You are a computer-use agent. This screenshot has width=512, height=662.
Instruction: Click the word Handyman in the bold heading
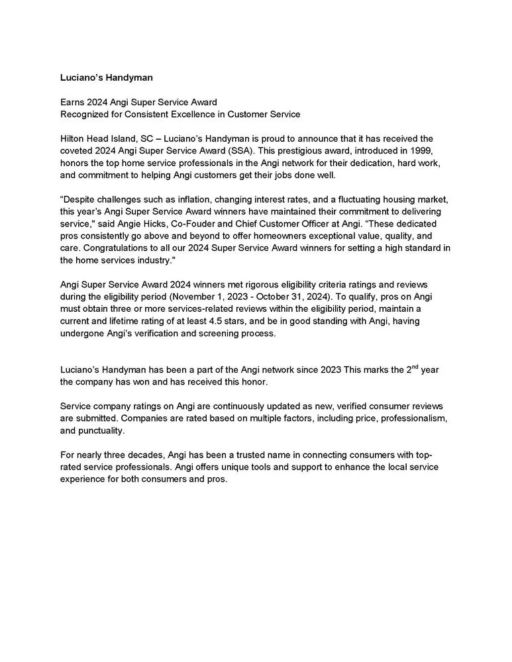click(130, 77)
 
